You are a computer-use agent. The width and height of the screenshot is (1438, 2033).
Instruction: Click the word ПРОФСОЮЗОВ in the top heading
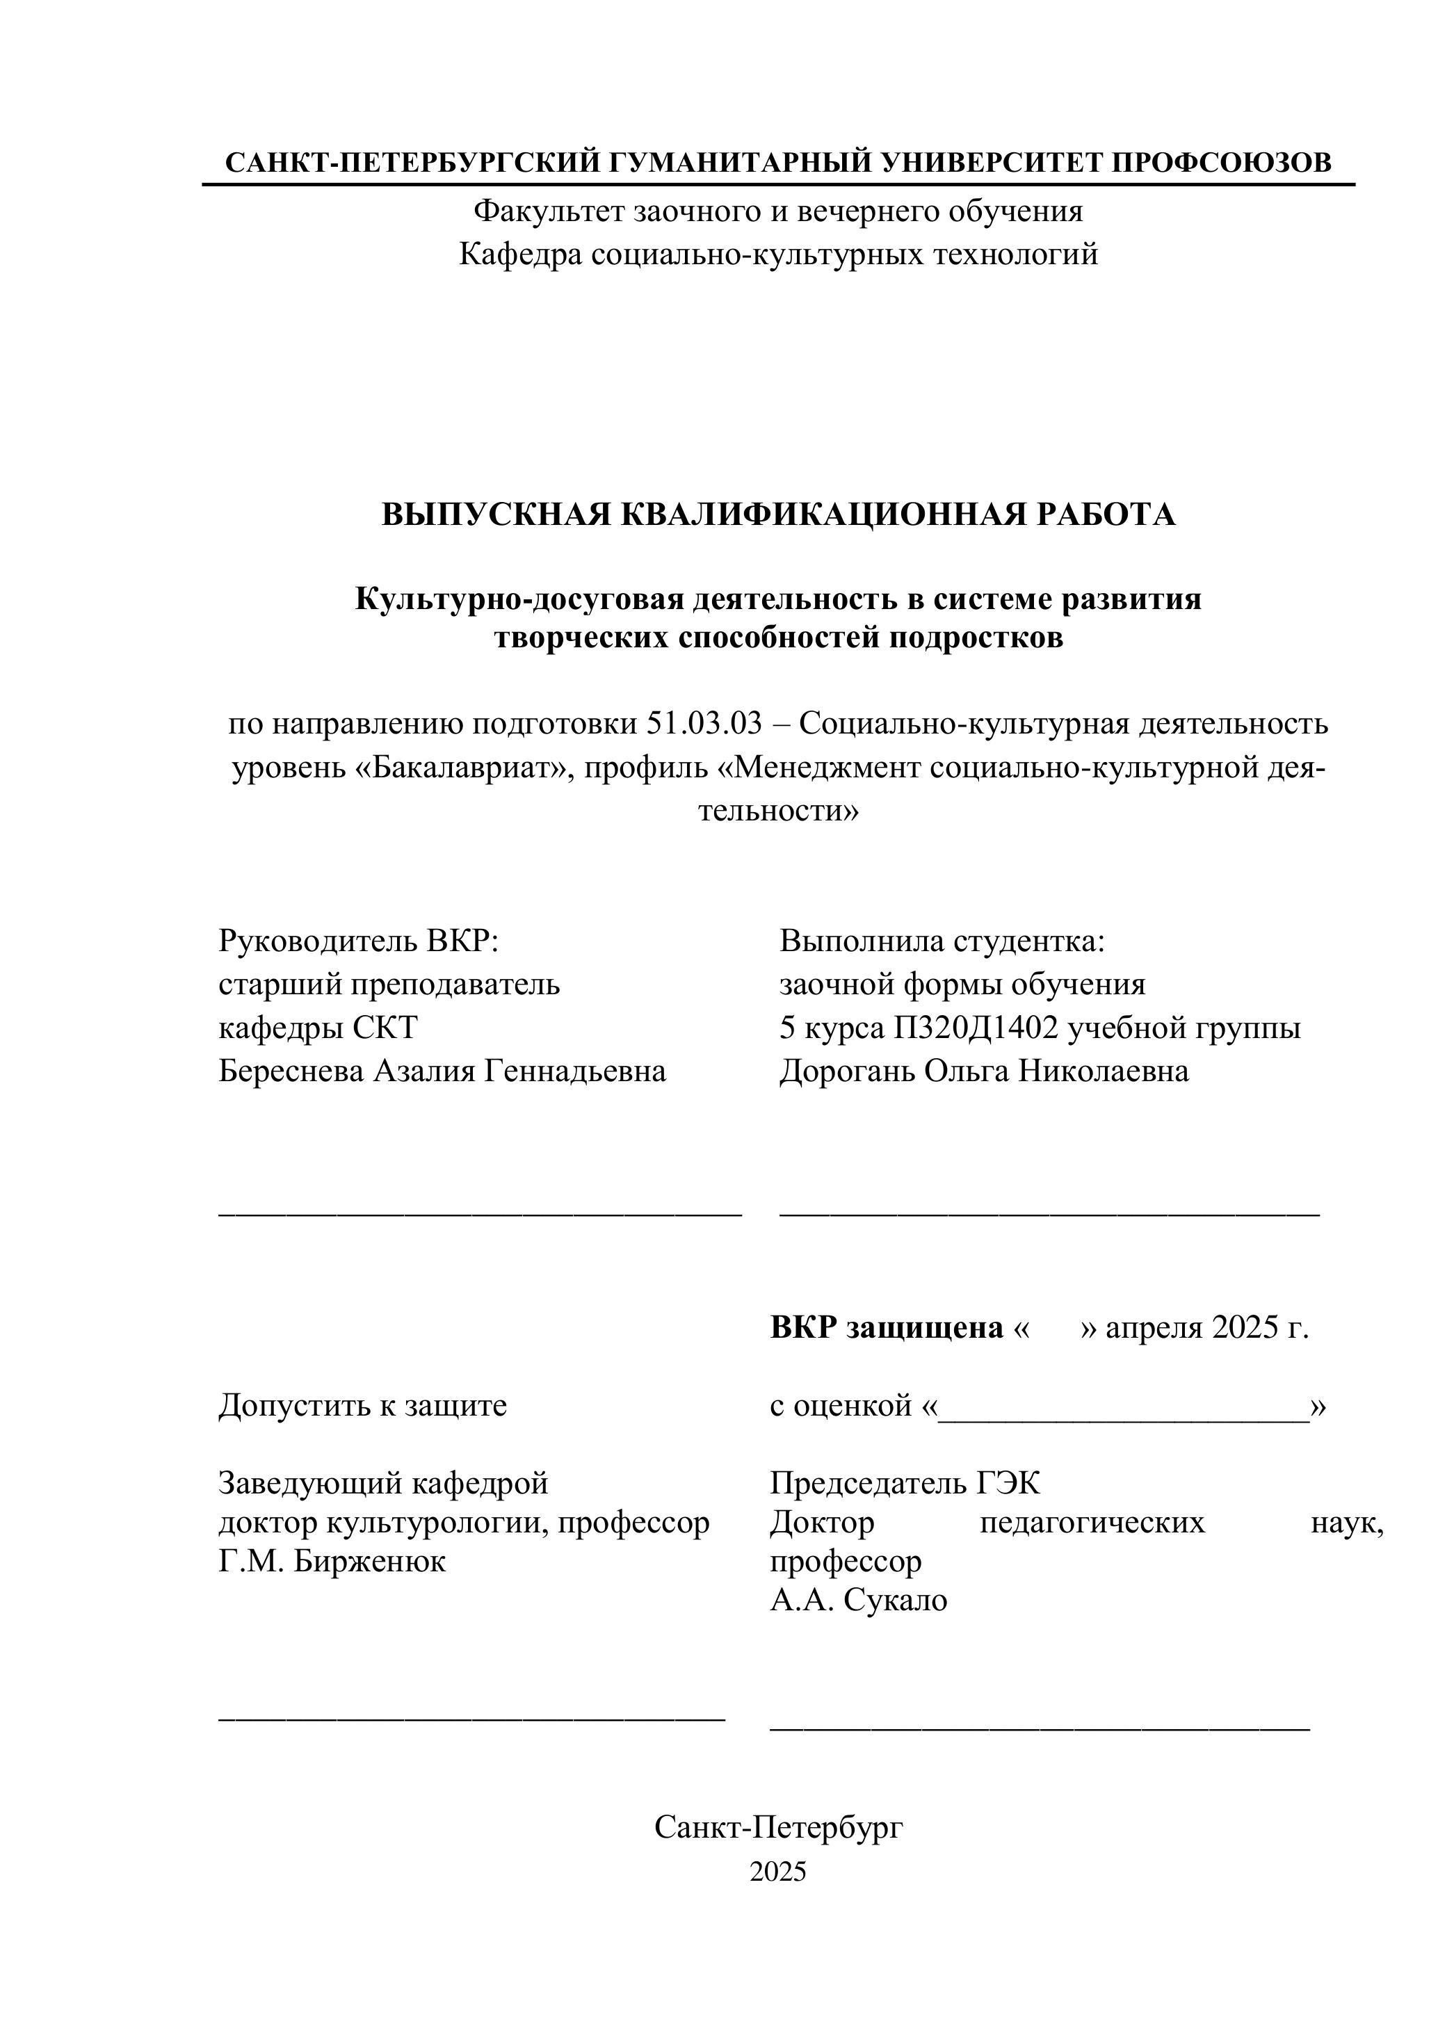1221,163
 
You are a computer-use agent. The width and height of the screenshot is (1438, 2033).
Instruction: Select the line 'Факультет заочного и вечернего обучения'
778,211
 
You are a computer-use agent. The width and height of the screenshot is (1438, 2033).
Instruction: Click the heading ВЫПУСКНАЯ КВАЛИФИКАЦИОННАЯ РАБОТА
778,515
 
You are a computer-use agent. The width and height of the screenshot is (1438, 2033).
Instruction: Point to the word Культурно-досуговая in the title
519,599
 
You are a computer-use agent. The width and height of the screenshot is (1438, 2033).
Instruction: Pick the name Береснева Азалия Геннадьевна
442,1071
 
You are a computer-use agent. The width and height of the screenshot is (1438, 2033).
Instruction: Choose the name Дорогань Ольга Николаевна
984,1071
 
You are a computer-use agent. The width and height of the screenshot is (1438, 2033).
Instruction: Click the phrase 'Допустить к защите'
362,1405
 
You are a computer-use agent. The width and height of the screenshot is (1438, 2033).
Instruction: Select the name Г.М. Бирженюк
332,1561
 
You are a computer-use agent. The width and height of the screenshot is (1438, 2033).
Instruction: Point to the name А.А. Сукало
858,1600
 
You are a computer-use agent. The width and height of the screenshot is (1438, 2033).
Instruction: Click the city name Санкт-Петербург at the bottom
778,1827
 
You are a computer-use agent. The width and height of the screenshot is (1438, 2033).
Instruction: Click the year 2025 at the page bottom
778,1871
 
